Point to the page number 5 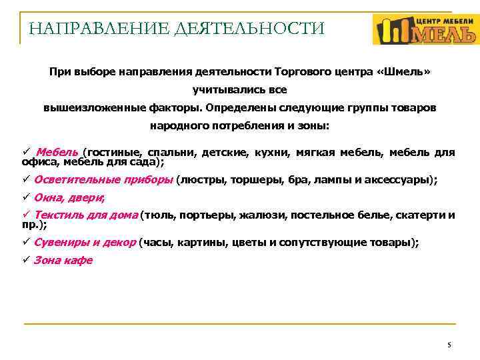[449, 345]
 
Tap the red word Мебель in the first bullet [57, 152]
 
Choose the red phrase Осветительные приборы [103, 179]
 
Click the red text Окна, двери [69, 197]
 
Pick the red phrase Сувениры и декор [85, 243]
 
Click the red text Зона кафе [63, 261]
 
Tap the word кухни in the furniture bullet [272, 152]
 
